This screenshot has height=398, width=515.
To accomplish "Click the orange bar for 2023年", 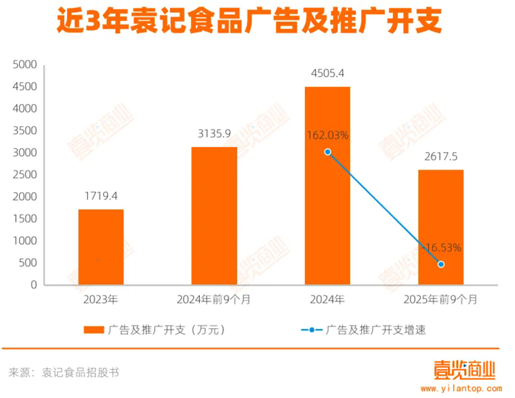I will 101,247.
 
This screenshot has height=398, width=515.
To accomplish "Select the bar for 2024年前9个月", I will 214,216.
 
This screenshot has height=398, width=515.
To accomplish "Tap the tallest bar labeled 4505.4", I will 327,185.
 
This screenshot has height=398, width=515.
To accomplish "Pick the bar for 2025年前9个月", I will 440,227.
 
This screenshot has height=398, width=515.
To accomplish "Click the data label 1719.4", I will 101,196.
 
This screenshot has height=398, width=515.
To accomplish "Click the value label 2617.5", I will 441,156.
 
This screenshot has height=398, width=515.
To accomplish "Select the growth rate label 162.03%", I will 327,135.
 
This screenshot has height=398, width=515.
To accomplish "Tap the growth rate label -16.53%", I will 441,247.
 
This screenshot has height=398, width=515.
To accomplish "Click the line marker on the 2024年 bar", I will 327,152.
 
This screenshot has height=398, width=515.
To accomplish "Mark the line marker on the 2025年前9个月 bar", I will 441,264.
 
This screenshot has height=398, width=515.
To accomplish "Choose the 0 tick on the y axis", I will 33,285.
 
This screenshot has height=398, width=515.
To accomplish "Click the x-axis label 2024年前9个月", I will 214,299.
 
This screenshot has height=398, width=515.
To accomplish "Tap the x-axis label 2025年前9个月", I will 441,299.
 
